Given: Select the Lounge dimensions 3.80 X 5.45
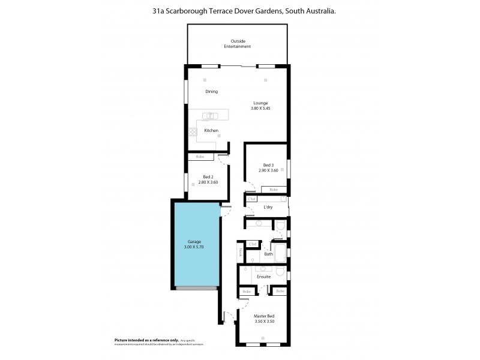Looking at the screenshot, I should click(260, 109).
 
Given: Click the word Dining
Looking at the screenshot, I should click(211, 92).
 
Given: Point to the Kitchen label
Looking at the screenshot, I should click(211, 130).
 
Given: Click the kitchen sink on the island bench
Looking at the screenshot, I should click(209, 116).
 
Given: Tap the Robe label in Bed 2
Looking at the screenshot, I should click(200, 157).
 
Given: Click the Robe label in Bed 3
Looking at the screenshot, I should click(273, 190).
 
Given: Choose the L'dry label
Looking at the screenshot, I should click(269, 208).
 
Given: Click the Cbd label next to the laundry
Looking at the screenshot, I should click(252, 199).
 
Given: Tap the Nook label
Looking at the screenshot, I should click(240, 253).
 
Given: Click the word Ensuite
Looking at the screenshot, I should click(264, 277).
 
